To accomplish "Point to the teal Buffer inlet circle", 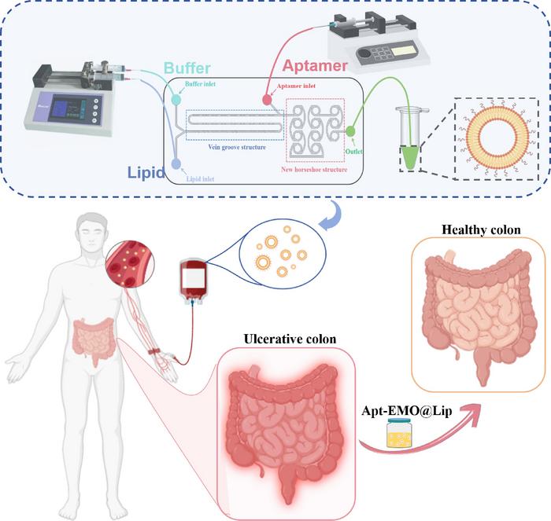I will pos(176,100).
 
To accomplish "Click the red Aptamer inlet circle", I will pos(267,101).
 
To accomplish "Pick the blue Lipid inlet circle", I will pos(176,163).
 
